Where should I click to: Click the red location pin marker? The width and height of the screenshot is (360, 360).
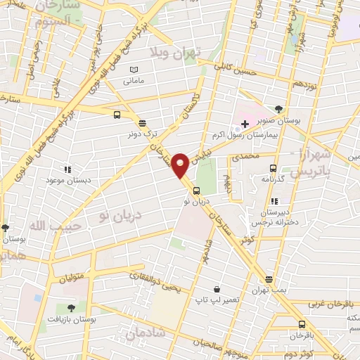[181, 165]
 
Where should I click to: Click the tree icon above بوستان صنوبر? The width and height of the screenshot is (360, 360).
[280, 108]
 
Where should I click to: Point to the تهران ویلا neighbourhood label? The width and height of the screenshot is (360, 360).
[176, 53]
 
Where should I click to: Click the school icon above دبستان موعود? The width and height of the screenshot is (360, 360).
[67, 169]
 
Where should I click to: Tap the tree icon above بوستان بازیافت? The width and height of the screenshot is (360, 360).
[70, 308]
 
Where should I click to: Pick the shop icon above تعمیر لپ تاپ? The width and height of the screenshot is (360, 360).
[217, 289]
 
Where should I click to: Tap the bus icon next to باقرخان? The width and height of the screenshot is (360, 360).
[302, 324]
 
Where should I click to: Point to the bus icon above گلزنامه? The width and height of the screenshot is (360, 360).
[274, 169]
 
